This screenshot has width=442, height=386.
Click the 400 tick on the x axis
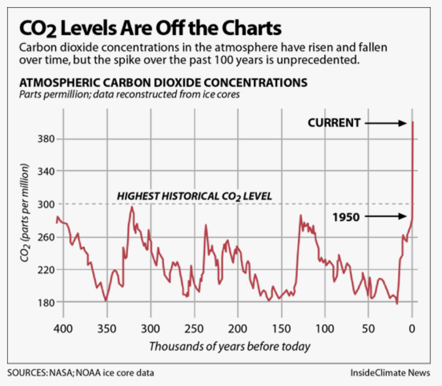63,329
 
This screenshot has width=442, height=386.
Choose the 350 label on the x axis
107,329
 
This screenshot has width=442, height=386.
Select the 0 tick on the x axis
413,329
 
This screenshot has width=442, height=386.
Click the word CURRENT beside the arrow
334,123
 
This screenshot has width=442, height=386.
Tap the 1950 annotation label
346,217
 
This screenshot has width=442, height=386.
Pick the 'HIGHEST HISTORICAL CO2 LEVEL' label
195,196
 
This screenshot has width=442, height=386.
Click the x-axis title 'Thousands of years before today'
229,346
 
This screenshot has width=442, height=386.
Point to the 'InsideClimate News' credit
390,373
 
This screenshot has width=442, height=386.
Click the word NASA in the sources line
60,373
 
